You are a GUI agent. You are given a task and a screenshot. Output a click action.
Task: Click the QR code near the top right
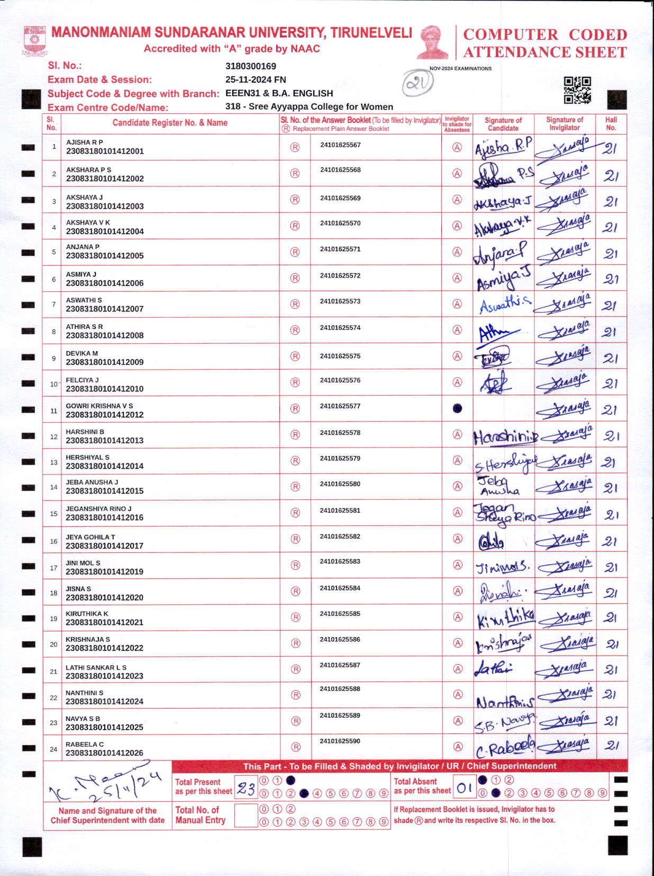(577, 90)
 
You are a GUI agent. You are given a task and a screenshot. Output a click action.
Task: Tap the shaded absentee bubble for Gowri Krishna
(458, 408)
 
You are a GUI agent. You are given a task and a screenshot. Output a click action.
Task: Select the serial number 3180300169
(251, 66)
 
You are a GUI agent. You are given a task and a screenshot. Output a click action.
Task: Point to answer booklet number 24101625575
(340, 356)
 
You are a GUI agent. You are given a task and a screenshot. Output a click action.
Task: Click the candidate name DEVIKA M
(82, 353)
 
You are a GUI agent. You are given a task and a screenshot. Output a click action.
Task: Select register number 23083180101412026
(105, 753)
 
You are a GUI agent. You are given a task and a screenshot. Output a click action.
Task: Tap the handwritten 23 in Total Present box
(246, 789)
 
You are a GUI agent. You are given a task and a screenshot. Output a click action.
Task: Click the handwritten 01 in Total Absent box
(465, 788)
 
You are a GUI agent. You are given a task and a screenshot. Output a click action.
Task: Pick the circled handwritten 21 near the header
(417, 83)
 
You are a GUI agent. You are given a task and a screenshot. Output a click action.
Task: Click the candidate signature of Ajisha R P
(503, 147)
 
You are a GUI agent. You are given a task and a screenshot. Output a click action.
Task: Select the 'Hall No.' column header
(611, 123)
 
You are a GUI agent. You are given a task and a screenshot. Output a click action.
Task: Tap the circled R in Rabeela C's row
(296, 747)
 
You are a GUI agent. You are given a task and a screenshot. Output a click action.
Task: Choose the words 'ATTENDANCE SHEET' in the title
(545, 52)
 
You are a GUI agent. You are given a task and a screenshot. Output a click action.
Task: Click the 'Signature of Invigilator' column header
(565, 123)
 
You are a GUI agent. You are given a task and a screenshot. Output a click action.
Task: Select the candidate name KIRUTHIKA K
(87, 613)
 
